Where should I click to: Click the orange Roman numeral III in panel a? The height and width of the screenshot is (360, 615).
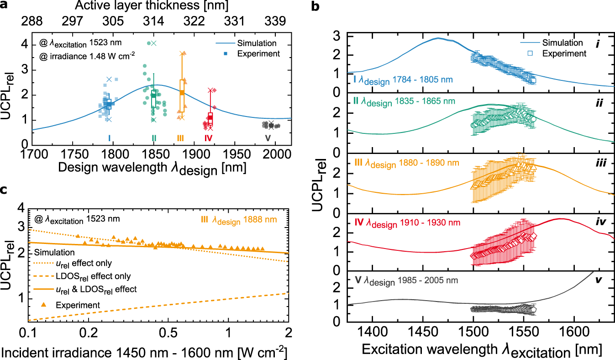coord(180,138)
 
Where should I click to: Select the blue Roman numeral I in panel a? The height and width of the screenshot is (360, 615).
coord(109,138)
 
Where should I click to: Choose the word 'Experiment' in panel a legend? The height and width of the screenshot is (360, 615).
coord(261,54)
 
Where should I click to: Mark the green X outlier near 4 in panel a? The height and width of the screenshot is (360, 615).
coord(154,43)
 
